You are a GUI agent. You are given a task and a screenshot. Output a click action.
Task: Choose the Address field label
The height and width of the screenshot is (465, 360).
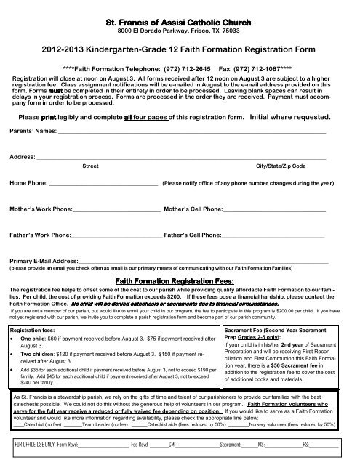[23, 157]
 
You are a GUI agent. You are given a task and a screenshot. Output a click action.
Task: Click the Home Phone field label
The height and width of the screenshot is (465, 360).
[28, 184]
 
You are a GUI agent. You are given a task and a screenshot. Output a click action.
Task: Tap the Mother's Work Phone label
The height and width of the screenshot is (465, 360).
[40, 209]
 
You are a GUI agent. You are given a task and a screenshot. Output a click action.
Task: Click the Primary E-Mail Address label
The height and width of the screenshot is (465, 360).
[44, 261]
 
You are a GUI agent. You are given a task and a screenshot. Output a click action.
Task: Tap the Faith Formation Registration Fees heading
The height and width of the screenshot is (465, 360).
[180, 280]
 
